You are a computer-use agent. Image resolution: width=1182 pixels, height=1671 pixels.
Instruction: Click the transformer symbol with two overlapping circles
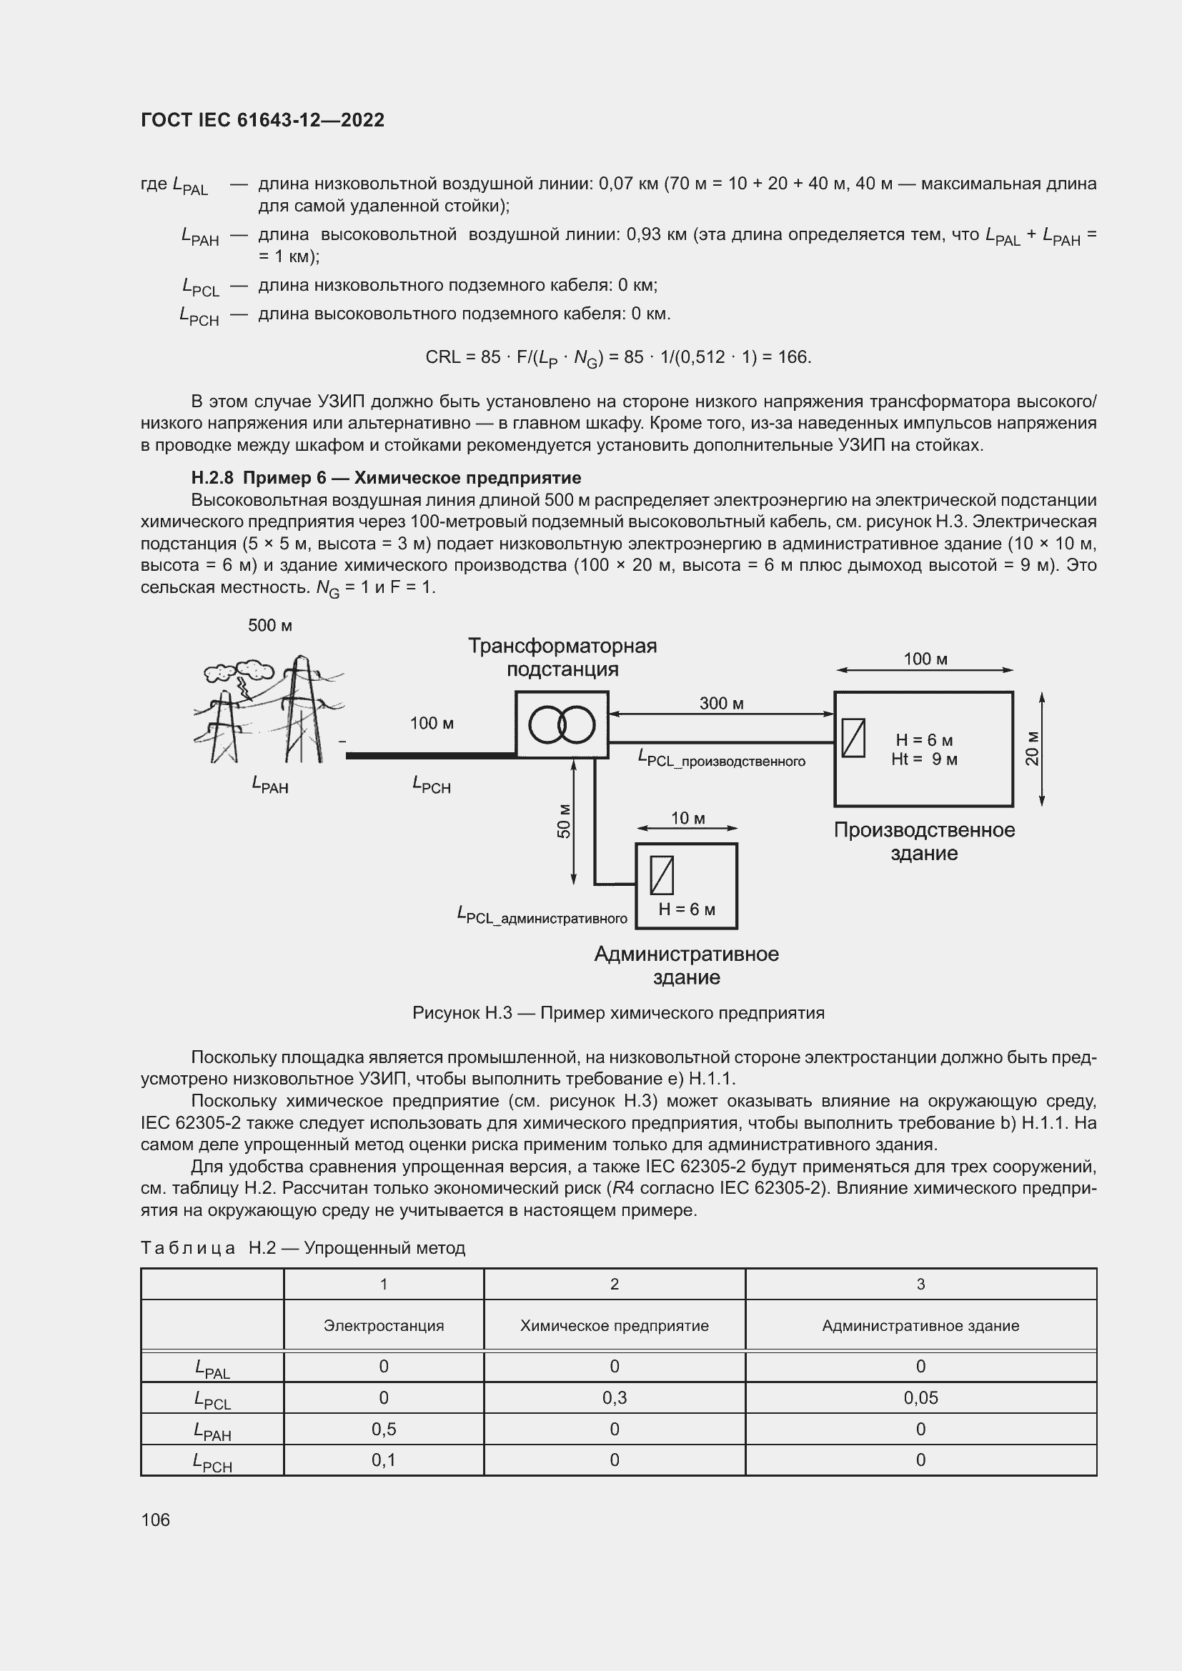(561, 724)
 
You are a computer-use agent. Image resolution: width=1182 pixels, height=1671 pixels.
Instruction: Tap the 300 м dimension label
(720, 703)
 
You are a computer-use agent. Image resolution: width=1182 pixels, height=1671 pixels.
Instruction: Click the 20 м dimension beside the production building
(1032, 748)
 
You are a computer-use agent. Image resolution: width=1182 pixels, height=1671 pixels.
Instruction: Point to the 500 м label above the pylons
(270, 626)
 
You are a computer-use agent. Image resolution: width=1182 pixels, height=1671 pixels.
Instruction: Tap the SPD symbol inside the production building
(853, 737)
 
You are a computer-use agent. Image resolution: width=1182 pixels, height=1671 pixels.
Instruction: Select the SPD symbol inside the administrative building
(662, 875)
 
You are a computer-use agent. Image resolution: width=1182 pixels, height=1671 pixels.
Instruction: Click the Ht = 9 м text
(923, 759)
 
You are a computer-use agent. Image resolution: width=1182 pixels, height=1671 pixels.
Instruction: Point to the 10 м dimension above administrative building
(687, 818)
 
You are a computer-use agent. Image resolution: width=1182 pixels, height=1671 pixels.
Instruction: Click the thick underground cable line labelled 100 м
(431, 755)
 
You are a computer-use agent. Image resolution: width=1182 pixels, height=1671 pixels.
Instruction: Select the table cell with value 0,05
(920, 1397)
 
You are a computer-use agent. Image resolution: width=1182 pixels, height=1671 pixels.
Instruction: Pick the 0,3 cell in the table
(615, 1397)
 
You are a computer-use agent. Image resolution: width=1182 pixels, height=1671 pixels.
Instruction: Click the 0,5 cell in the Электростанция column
(384, 1429)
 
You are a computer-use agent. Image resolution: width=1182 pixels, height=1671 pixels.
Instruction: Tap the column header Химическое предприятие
(615, 1325)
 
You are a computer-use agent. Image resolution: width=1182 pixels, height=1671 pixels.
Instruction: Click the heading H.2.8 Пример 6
(386, 478)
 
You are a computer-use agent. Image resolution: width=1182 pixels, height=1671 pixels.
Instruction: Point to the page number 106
(155, 1520)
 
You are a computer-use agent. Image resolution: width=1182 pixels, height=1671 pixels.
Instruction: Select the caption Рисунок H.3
(618, 1013)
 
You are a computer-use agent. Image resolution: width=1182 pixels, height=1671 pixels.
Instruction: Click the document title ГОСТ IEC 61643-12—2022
(262, 120)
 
